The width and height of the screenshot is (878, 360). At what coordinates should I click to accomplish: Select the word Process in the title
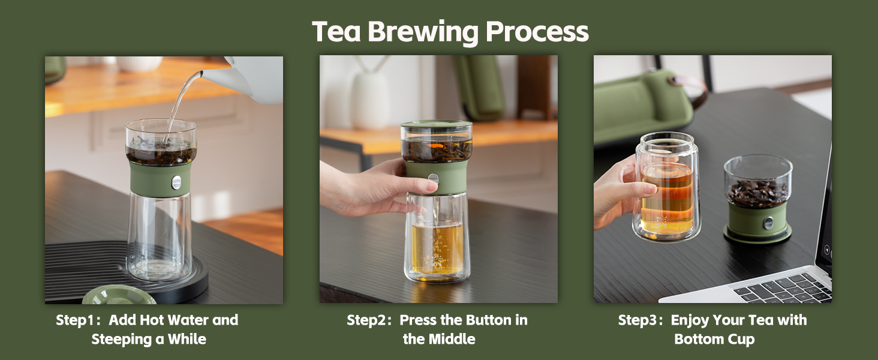click(538, 32)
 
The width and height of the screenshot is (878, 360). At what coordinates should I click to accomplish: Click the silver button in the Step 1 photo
click(176, 182)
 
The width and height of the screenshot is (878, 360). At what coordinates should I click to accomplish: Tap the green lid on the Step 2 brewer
click(437, 124)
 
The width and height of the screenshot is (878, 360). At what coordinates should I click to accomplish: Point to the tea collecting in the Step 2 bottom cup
click(437, 249)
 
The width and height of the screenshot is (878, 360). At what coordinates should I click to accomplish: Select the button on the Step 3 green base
click(768, 223)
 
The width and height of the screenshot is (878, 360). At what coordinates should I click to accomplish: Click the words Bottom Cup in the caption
click(714, 340)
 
